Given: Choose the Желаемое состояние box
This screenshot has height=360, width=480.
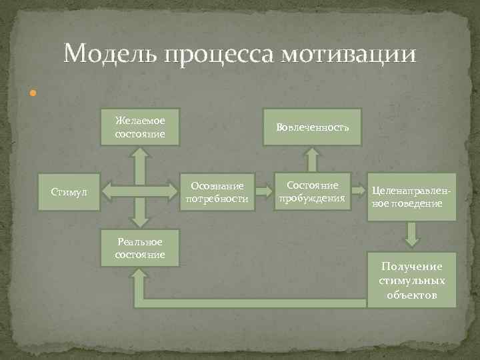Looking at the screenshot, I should [x=140, y=127].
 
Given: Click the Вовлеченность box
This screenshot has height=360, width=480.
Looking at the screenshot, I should [x=313, y=127].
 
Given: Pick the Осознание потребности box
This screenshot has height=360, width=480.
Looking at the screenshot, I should [x=218, y=193].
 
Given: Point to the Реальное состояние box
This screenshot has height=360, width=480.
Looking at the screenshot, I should [x=140, y=249].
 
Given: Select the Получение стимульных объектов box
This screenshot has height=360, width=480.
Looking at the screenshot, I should [x=411, y=280].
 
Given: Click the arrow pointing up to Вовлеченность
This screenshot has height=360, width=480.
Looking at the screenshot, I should [x=311, y=159].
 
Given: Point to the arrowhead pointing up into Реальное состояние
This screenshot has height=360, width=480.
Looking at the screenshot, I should [x=140, y=275].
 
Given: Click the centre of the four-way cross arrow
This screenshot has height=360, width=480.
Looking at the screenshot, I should [x=140, y=191].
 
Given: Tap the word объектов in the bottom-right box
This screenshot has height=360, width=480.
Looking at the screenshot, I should [x=411, y=294].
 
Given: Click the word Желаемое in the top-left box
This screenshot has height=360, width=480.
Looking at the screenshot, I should [x=140, y=121].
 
